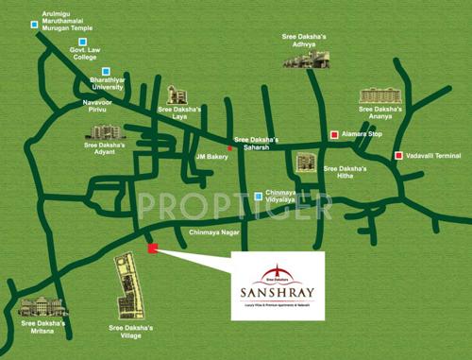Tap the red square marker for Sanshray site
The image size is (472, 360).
(153, 249)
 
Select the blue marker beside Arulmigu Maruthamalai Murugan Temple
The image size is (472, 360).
(35, 24)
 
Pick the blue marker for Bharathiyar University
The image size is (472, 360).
(107, 71)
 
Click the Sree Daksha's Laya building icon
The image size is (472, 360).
(177, 94)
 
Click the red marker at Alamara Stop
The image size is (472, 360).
(332, 136)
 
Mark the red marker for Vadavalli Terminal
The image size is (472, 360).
(399, 156)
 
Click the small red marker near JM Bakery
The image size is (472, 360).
(230, 148)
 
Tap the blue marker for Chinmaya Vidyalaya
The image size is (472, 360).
(259, 197)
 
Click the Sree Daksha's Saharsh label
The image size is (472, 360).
(259, 144)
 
